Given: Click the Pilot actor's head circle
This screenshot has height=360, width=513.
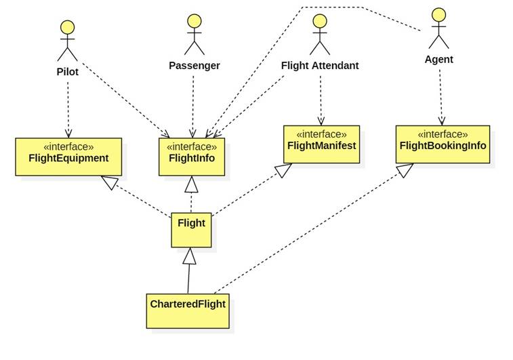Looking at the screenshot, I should (67, 28).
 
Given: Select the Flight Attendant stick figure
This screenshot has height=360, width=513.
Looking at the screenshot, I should (319, 35).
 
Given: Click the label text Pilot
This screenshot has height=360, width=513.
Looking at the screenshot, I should (68, 71).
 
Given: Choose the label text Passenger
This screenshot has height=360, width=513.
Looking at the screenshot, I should (194, 66).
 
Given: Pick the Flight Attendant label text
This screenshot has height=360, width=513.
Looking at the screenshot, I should (320, 66).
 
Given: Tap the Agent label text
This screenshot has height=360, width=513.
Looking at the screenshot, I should (438, 60).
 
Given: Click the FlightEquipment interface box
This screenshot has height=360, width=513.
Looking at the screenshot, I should (68, 157).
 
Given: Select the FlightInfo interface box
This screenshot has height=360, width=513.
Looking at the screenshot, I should (192, 157).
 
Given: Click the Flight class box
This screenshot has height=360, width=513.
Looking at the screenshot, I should (191, 230).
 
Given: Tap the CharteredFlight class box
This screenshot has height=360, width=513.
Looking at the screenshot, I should (186, 311).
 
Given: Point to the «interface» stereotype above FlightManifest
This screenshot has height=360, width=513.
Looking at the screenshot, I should (320, 134).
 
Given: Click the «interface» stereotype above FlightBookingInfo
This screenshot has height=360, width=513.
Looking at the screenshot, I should (443, 134).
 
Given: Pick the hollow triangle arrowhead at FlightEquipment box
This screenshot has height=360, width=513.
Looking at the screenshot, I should (107, 181).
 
